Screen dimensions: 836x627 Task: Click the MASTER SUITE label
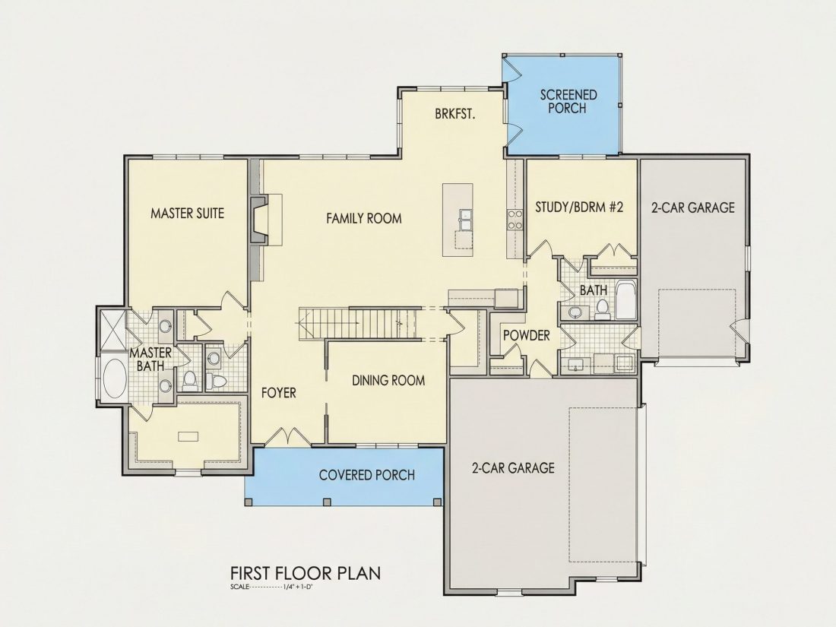point(187,214)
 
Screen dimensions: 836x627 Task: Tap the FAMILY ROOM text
point(363,218)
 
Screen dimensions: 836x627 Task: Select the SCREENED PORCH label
point(568,101)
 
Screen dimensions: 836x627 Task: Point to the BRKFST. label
point(454,114)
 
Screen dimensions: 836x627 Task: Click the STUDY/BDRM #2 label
point(579,207)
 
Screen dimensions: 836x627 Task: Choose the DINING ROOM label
point(388,380)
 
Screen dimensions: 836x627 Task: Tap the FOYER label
point(278,393)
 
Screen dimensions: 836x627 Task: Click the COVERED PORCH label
point(367,474)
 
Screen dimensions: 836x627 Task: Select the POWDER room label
point(526,335)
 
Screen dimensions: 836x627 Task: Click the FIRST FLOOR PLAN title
point(306,573)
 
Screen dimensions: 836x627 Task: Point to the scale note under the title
point(271,587)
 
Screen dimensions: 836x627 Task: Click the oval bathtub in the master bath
point(114,378)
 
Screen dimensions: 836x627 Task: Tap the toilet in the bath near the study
point(603,309)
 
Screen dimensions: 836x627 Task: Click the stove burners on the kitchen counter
point(515,220)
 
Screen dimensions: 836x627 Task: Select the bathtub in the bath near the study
point(626,300)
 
